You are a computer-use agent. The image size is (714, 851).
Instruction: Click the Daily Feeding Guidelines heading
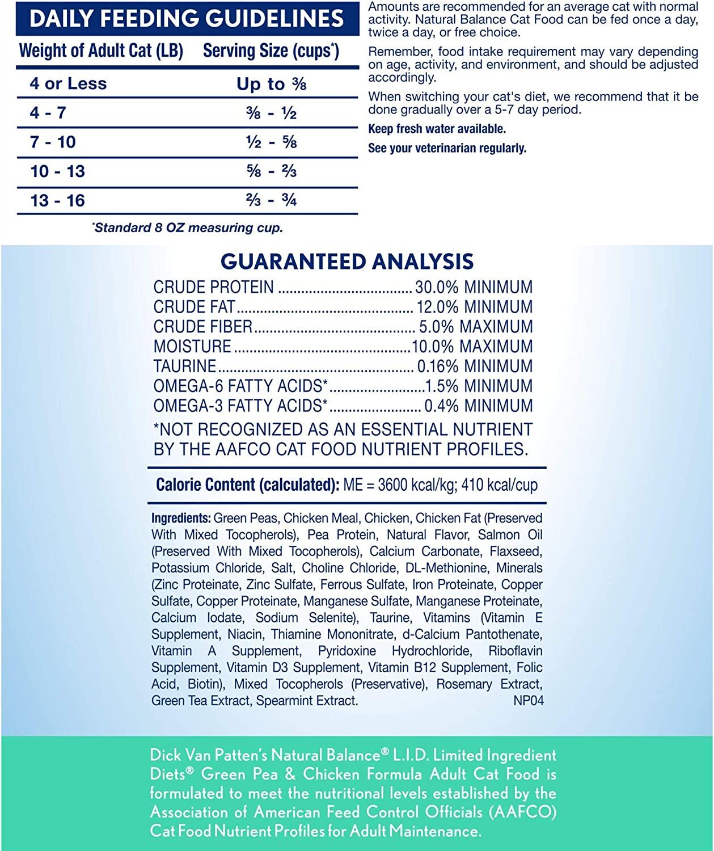tap(187, 18)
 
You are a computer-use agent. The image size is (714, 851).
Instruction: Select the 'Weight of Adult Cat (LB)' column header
tap(101, 50)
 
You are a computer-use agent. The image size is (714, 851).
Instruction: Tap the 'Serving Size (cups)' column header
tap(271, 50)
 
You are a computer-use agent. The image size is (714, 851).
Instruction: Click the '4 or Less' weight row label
tap(68, 84)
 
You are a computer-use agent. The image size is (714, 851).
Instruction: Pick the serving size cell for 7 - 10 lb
tap(272, 142)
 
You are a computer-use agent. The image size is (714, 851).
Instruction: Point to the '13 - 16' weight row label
tap(57, 200)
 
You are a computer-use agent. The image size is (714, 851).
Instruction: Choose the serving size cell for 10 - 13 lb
tap(272, 171)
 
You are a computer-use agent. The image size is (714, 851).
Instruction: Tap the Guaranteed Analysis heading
tap(347, 262)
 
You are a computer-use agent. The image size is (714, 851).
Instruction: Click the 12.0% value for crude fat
tap(437, 307)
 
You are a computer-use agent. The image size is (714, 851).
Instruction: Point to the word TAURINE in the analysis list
tap(185, 366)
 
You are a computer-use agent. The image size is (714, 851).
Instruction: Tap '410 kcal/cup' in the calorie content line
tap(500, 485)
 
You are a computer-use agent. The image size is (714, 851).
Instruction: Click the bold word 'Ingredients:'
tap(181, 518)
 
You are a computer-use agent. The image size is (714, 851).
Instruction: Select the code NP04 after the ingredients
tap(528, 701)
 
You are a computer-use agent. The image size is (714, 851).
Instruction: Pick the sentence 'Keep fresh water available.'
tap(437, 129)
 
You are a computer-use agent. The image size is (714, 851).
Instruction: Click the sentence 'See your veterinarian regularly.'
tap(447, 148)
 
